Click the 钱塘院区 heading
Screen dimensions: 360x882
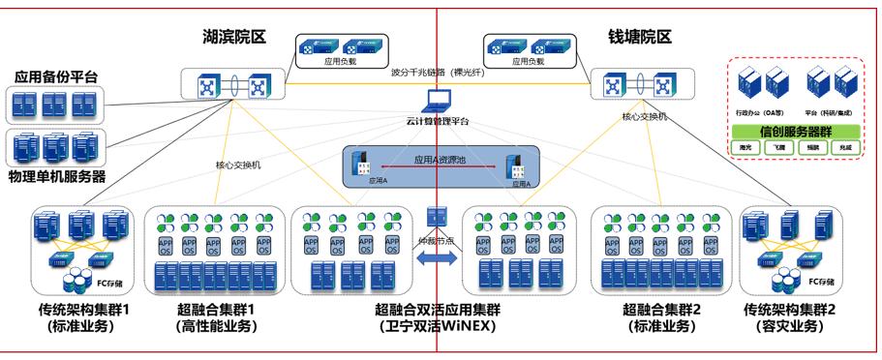(x=640, y=37)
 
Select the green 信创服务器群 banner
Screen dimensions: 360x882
(x=796, y=131)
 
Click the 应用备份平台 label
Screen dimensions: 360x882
(x=56, y=76)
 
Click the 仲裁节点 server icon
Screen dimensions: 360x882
(x=436, y=216)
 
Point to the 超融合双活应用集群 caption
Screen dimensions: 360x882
(x=437, y=310)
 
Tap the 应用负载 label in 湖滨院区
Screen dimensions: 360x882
(x=341, y=61)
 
